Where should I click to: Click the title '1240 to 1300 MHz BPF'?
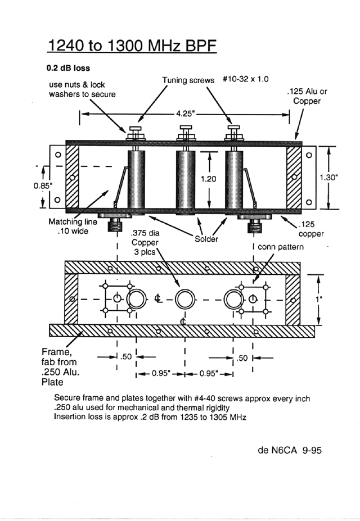pos(132,46)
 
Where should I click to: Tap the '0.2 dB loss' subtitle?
pos(68,68)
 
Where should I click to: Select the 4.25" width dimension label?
pos(185,114)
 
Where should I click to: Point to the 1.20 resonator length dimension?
pos(209,179)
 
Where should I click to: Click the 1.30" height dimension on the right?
pos(328,177)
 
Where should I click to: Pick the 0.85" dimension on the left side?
pos(43,185)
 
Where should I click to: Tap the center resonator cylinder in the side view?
pos(186,181)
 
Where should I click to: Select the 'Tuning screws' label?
pos(188,80)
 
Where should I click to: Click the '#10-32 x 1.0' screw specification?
pos(246,79)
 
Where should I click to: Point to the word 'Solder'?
pos(206,239)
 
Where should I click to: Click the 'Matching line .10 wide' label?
pos(73,226)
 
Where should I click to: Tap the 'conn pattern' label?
pos(281,247)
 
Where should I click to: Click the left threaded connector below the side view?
pos(114,225)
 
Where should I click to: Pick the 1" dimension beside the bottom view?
pos(319,299)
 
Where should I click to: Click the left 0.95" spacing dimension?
pos(161,374)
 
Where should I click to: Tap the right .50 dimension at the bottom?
pos(242,358)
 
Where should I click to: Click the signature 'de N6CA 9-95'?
pos(290,450)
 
